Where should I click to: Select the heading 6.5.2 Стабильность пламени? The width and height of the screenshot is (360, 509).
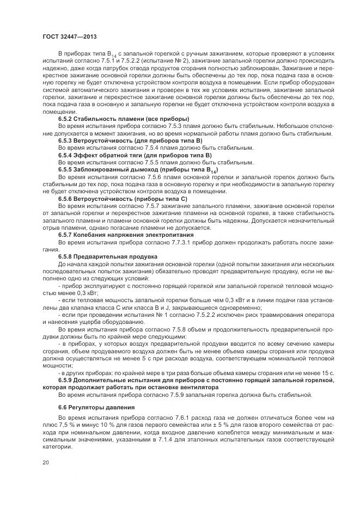click(124, 119)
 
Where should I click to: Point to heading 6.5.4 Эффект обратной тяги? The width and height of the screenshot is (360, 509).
click(127, 155)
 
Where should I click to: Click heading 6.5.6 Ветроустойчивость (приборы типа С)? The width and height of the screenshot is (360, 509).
click(123, 199)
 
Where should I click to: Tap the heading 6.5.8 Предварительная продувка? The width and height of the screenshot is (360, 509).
click(108, 256)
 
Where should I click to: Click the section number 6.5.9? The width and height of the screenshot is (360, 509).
click(68, 380)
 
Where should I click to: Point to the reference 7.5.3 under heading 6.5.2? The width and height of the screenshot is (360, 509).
click(152, 126)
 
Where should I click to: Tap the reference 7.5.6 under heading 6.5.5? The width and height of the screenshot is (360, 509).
click(141, 177)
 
